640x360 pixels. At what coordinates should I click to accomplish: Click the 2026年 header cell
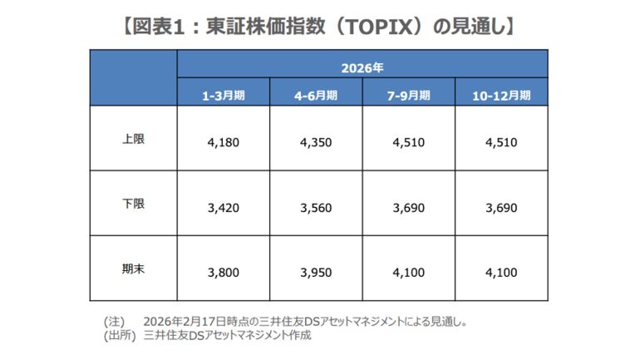(362, 64)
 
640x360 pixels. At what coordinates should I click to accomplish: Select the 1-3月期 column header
(223, 95)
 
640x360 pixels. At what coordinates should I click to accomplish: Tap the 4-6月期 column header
(316, 95)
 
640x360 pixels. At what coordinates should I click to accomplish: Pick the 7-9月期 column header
(409, 95)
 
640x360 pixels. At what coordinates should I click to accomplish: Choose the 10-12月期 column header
(501, 95)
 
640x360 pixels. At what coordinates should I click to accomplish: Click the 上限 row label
(133, 139)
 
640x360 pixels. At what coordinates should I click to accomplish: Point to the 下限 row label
(133, 204)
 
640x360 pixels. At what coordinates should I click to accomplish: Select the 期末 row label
(133, 269)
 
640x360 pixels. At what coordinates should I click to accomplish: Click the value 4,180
(223, 142)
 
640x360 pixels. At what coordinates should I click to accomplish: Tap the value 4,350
(316, 142)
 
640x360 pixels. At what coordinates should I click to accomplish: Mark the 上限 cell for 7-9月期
(409, 142)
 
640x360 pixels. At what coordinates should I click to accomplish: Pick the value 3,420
(223, 206)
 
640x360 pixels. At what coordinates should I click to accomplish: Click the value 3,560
(316, 206)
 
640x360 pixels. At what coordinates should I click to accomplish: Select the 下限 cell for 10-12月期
(501, 206)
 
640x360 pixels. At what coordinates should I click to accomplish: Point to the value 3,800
(223, 271)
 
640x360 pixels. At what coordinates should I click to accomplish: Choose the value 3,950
(316, 271)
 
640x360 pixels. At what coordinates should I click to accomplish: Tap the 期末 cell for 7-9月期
(409, 271)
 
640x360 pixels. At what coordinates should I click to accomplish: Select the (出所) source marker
(118, 334)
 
